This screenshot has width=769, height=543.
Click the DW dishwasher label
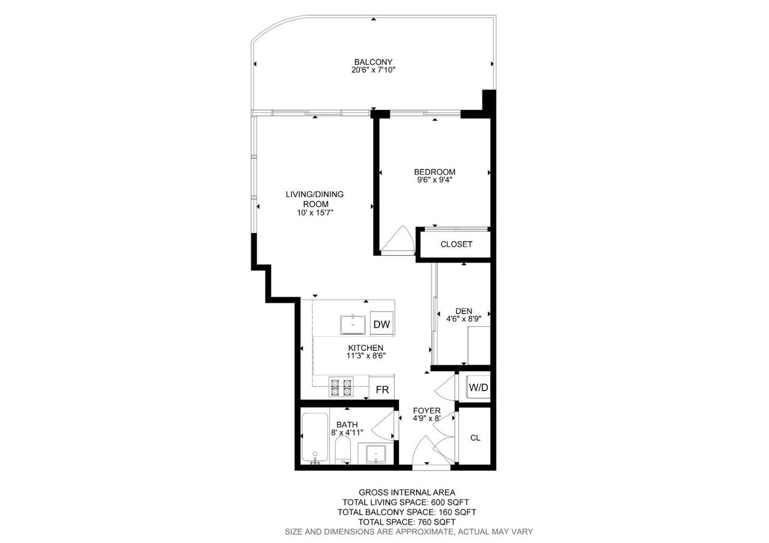[x=381, y=324]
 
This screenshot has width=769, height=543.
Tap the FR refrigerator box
[x=381, y=387]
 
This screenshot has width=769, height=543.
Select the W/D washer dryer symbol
[x=478, y=387]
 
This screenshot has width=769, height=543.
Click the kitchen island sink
[x=353, y=324]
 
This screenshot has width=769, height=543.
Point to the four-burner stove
[x=341, y=387]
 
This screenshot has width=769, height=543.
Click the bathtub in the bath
[x=314, y=438]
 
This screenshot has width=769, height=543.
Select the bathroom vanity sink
[x=375, y=454]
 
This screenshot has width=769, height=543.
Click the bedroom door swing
[x=398, y=240]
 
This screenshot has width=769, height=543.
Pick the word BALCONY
[x=373, y=62]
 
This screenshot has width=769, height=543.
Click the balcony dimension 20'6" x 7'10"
[x=373, y=70]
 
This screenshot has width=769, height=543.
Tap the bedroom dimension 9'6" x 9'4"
[x=434, y=180]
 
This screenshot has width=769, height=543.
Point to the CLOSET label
[x=456, y=244]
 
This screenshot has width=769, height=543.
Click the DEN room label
[x=463, y=311]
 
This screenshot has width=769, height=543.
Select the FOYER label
[x=427, y=410]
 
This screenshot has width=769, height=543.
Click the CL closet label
[x=475, y=438]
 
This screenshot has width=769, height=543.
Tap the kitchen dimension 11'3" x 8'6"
[x=366, y=356]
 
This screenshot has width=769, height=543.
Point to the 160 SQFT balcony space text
[x=457, y=512]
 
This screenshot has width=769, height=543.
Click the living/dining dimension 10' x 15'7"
[x=315, y=213]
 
